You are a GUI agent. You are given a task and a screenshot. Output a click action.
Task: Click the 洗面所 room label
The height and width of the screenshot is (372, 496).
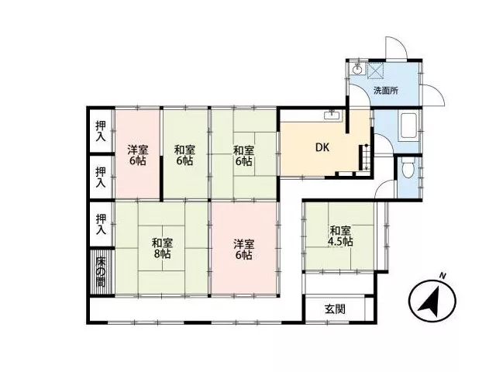coord(386,91)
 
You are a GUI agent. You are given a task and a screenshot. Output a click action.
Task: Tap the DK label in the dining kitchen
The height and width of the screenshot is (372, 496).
coord(322,147)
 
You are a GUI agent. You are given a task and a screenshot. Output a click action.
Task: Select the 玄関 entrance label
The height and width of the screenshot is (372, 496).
coord(335,309)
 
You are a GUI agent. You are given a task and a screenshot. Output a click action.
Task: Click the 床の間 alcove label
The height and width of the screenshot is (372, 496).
coord(101,272)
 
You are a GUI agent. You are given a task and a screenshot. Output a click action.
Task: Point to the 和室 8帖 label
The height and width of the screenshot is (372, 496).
coord(162,249)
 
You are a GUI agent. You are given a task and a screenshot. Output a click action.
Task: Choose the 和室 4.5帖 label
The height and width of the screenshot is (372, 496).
coord(340,236)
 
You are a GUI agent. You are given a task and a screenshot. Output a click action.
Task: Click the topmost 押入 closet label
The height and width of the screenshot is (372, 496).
coord(101,131)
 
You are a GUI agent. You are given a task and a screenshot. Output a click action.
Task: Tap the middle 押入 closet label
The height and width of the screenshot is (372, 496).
coord(101,177)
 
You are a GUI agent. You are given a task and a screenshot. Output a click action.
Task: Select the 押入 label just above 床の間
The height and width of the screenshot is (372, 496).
coord(101,224)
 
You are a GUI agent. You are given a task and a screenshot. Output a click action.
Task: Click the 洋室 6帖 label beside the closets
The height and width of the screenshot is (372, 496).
coord(138,155)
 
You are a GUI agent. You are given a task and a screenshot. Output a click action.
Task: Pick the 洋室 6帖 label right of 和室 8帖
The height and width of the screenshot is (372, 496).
coord(244,250)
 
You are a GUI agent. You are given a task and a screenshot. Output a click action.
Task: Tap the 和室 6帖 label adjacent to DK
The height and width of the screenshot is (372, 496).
coord(243,156)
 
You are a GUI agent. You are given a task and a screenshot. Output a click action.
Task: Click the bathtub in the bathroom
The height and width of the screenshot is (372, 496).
coord(408,126)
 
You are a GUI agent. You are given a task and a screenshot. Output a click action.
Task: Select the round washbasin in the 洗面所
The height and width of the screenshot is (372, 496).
coord(357,69)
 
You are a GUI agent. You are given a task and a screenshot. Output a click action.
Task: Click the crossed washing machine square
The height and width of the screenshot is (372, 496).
coord(375,70)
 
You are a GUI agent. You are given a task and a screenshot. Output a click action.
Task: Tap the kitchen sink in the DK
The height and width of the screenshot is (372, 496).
coord(332,115)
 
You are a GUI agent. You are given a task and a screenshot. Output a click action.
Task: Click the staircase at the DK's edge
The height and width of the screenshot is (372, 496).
coord(363,157)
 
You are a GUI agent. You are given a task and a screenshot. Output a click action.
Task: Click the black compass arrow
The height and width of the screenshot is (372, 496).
coord(430,301)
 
